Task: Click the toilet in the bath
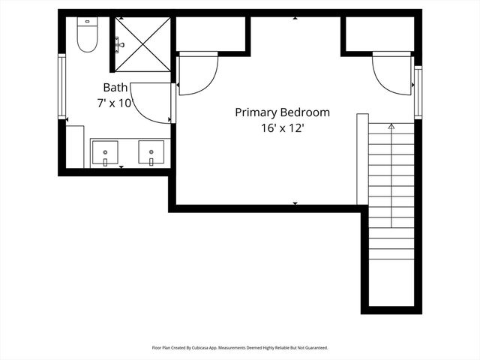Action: pos(88,36)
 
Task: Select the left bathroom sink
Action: pos(106,153)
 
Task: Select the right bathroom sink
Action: pos(151,153)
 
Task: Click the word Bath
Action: pos(115,87)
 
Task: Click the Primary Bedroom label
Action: pos(282,112)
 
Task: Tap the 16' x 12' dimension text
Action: pos(282,128)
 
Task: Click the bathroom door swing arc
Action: pos(154,103)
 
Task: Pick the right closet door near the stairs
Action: pos(393,73)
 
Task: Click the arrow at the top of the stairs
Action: pos(391,128)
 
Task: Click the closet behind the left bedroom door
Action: pos(211,34)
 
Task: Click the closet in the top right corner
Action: pos(379,34)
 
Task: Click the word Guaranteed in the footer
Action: pos(313,348)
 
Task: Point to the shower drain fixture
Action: pos(120,45)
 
